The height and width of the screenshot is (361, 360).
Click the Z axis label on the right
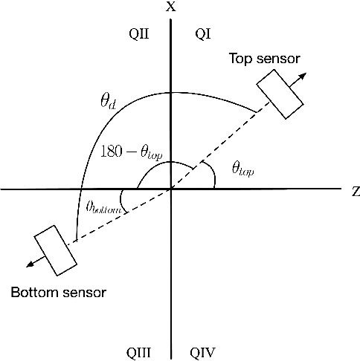click(x=356, y=190)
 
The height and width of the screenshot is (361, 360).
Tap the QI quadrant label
click(x=202, y=33)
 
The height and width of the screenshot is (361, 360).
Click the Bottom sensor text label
click(x=58, y=292)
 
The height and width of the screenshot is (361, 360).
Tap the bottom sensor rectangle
click(x=57, y=250)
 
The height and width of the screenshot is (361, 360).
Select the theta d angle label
click(x=108, y=102)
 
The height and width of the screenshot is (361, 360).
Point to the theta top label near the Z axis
click(x=242, y=171)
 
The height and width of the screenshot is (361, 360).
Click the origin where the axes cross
click(x=172, y=189)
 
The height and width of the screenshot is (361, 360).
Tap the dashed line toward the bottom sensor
click(x=123, y=215)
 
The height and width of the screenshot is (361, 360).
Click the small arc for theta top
click(x=213, y=175)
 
